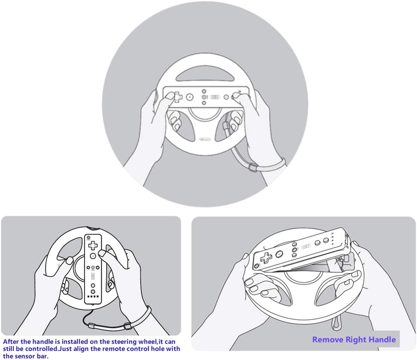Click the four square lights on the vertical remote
point(92,296)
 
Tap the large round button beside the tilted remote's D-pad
point(279,253)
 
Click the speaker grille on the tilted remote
point(306,247)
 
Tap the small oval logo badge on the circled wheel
point(205,139)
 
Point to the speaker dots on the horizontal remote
point(215,97)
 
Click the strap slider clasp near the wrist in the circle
point(252,167)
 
